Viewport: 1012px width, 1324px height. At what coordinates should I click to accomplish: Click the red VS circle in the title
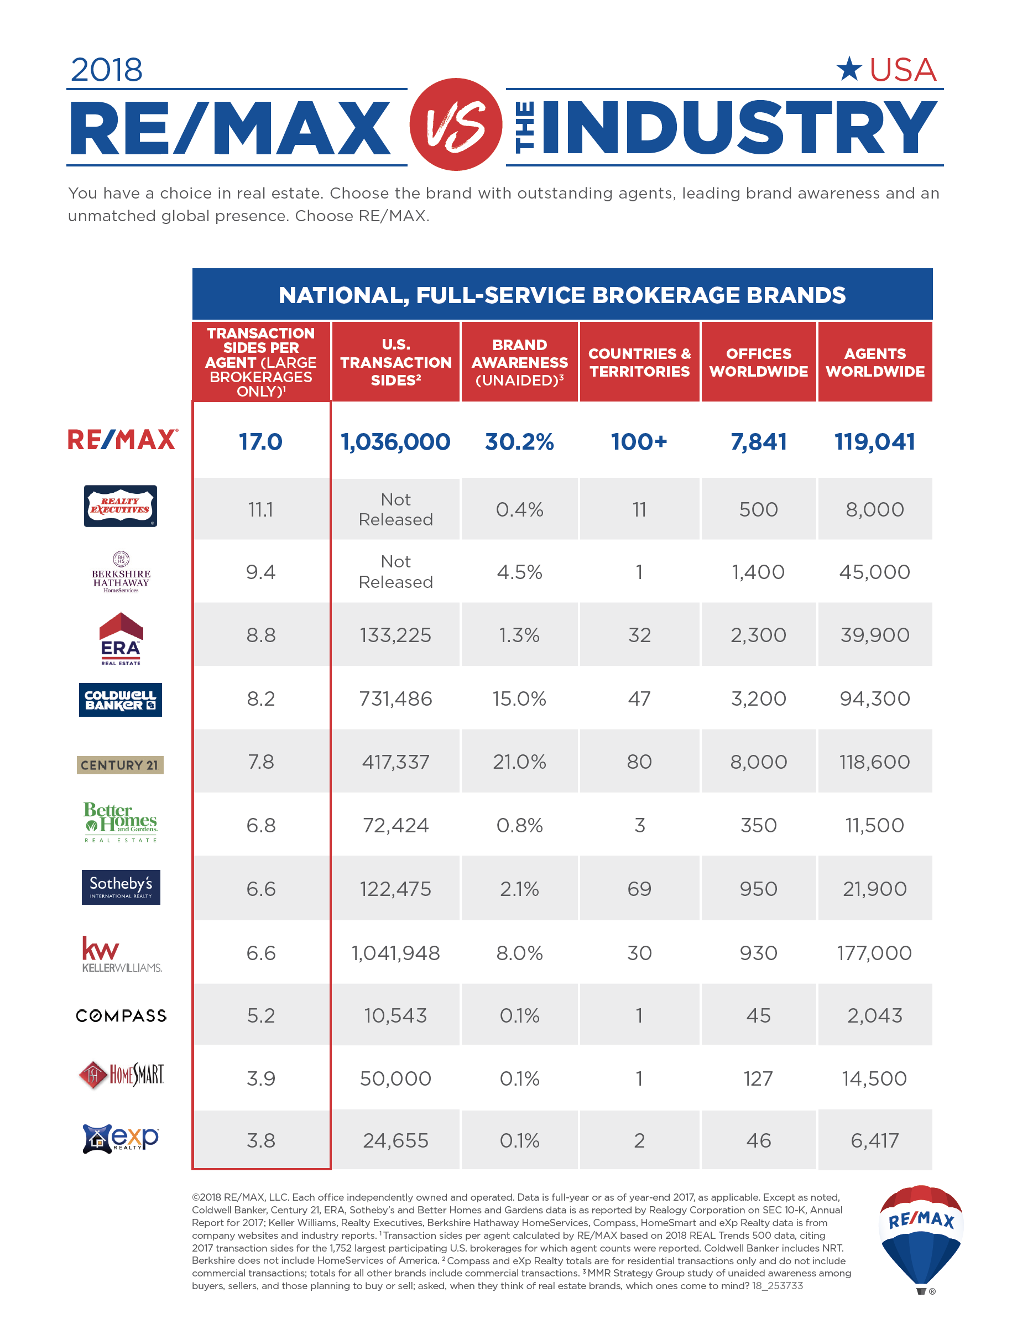[x=456, y=124]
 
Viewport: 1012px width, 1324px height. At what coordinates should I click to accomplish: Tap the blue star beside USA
[x=849, y=69]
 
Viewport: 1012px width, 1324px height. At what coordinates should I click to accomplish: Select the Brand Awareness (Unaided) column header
[x=519, y=362]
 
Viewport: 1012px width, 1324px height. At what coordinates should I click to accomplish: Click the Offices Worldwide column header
[x=758, y=362]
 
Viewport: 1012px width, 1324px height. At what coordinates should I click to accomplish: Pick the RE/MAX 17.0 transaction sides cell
[x=261, y=441]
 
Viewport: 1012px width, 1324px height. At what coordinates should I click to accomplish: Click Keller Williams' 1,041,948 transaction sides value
[x=396, y=953]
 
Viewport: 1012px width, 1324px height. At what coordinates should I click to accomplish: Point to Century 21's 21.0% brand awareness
[x=519, y=762]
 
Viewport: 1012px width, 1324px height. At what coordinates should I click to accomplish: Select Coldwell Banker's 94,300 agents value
[x=875, y=699]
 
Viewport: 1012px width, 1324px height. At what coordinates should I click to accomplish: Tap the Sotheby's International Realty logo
[x=121, y=887]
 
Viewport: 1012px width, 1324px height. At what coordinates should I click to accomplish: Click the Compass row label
[x=121, y=1015]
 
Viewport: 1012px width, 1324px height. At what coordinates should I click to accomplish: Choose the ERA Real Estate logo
[x=121, y=639]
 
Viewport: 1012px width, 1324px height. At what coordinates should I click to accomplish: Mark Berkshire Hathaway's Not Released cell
[x=396, y=572]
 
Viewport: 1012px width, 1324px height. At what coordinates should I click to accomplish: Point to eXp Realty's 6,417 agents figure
[x=875, y=1140]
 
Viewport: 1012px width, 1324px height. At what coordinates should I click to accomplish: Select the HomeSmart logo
[x=121, y=1075]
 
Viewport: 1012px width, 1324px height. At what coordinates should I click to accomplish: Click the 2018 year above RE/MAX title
[x=107, y=70]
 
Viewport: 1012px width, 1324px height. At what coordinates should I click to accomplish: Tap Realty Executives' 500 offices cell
[x=758, y=509]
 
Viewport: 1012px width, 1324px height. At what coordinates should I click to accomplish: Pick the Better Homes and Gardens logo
[x=121, y=822]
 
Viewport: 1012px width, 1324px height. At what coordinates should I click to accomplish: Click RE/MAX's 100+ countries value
[x=639, y=441]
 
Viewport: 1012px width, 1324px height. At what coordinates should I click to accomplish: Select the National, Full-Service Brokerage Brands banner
[x=562, y=295]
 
